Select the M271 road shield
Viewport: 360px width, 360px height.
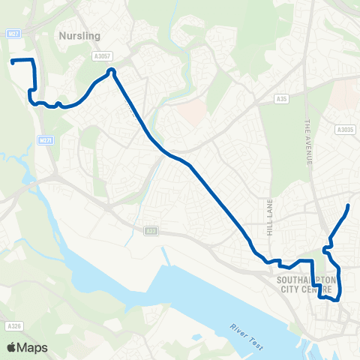45,140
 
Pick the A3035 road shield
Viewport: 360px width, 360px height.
344,130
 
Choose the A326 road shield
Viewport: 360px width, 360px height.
13,326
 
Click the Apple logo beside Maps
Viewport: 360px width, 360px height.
11,347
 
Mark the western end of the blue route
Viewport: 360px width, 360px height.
12,61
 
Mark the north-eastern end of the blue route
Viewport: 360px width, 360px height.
349,205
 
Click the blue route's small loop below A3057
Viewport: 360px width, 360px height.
111,72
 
